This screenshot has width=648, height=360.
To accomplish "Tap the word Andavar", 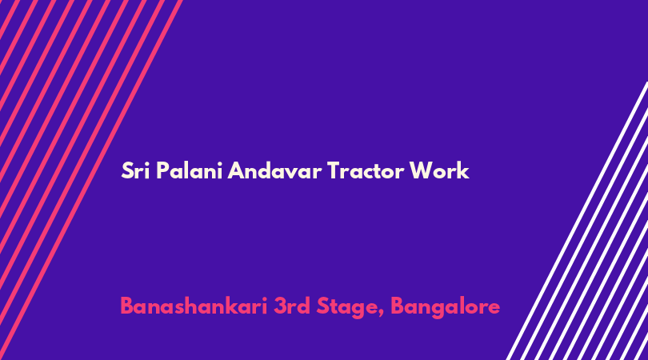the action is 274,170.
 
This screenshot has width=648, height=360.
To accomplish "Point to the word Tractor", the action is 365,170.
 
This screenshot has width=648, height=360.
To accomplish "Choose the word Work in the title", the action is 439,170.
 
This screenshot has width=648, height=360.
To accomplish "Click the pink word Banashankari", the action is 194,306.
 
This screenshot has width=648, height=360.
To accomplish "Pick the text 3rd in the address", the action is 292,306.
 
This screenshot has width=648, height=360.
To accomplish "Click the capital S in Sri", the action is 128,170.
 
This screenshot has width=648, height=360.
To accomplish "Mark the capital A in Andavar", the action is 236,170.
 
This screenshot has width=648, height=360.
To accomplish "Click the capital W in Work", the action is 422,170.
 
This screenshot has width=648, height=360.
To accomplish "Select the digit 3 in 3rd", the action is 280,306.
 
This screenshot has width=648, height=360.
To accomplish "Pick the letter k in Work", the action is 464,170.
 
